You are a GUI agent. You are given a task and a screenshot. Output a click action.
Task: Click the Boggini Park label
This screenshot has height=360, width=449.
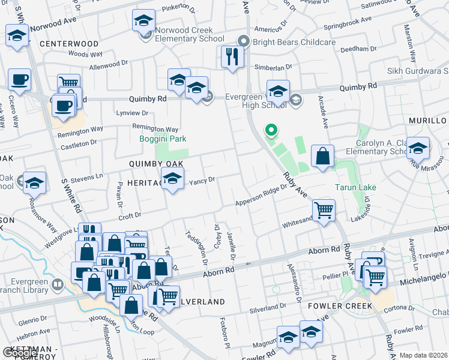pos(163,139)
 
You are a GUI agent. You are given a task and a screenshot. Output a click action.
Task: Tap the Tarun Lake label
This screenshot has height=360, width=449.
pos(355,188)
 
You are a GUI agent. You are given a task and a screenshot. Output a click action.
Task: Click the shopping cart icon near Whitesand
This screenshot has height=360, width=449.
pos(324,211)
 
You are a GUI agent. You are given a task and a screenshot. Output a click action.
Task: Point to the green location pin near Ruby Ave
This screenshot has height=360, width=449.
pos(271,129)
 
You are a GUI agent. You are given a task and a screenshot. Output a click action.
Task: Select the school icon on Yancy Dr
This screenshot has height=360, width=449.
pos(172,178)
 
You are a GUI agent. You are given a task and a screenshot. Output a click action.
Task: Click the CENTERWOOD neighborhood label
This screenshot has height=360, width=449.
pos(69,44)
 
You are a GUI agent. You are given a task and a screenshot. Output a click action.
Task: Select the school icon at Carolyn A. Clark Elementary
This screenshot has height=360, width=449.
pos(418,147)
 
